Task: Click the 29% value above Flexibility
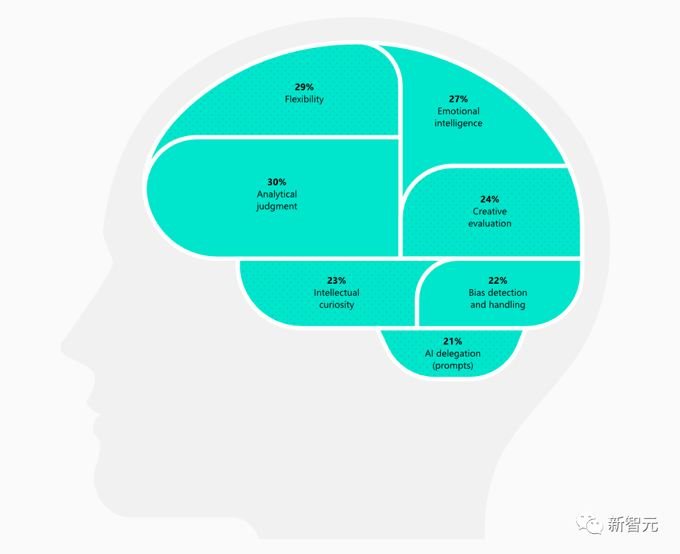(x=304, y=87)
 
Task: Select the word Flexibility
(x=304, y=99)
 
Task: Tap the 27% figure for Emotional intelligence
(x=458, y=99)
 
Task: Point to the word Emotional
(x=458, y=111)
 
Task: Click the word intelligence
(x=458, y=123)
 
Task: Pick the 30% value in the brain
(x=277, y=182)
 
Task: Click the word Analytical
(x=277, y=194)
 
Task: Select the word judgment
(x=277, y=206)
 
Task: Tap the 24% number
(x=490, y=199)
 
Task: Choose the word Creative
(x=490, y=212)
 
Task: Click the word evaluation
(x=490, y=224)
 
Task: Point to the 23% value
(x=337, y=280)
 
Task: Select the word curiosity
(x=337, y=305)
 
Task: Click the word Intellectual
(x=337, y=293)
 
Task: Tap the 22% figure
(x=498, y=280)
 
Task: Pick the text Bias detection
(x=498, y=293)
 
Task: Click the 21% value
(x=453, y=341)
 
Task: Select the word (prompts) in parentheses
(x=453, y=366)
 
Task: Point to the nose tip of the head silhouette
(x=63, y=348)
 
